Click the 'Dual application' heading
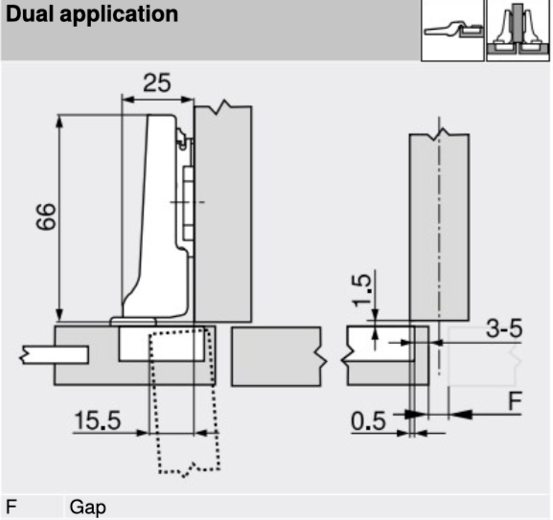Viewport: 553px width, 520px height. tap(92, 14)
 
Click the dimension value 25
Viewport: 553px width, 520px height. tap(157, 82)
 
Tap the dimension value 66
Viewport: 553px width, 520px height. tap(47, 216)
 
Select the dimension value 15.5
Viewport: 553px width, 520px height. tap(98, 420)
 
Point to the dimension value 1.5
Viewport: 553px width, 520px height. tap(361, 290)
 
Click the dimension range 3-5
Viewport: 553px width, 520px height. tap(504, 328)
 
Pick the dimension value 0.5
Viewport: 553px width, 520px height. tap(368, 421)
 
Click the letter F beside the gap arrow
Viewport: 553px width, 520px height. tap(515, 401)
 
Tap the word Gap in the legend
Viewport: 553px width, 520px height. tap(87, 508)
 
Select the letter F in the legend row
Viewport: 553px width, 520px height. tap(12, 507)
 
